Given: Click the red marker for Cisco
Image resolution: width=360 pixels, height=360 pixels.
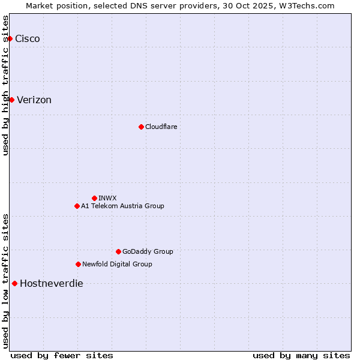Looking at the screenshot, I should pyautogui.click(x=10, y=39).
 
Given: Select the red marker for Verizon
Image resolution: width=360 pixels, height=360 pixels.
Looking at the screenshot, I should pyautogui.click(x=11, y=100).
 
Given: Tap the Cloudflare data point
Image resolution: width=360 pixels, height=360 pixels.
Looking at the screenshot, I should pyautogui.click(x=141, y=127).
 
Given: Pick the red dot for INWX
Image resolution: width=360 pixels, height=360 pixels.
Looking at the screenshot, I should pyautogui.click(x=94, y=198).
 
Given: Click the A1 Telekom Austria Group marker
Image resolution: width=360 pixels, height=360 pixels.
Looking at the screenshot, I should pyautogui.click(x=77, y=206).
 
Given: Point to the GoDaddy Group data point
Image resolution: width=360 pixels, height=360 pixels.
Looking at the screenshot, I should pyautogui.click(x=118, y=251).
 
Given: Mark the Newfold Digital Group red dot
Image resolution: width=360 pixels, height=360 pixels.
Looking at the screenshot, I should pyautogui.click(x=78, y=264).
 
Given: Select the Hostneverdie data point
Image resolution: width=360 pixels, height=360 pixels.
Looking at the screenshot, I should pyautogui.click(x=14, y=283).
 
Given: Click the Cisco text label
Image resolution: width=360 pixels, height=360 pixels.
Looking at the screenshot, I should pyautogui.click(x=28, y=39).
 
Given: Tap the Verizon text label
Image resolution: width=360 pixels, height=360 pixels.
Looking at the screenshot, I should pyautogui.click(x=34, y=100).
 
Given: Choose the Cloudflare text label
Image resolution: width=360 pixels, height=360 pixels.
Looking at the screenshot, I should pyautogui.click(x=161, y=127).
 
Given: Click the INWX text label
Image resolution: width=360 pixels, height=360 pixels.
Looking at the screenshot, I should pyautogui.click(x=107, y=198).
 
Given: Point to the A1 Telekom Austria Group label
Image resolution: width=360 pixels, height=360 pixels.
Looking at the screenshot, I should pyautogui.click(x=122, y=206).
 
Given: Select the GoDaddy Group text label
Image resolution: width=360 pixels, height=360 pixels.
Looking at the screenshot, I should pyautogui.click(x=148, y=251).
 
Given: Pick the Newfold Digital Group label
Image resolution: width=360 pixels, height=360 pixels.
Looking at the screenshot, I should pyautogui.click(x=117, y=264).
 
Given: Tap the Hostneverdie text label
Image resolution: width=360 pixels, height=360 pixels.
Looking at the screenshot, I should pyautogui.click(x=52, y=284).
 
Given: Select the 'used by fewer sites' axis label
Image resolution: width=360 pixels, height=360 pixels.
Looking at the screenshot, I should pyautogui.click(x=62, y=355).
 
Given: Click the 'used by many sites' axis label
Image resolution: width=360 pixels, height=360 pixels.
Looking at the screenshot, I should pyautogui.click(x=301, y=355).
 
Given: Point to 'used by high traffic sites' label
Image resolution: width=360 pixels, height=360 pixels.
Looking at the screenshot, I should pyautogui.click(x=6, y=85).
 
